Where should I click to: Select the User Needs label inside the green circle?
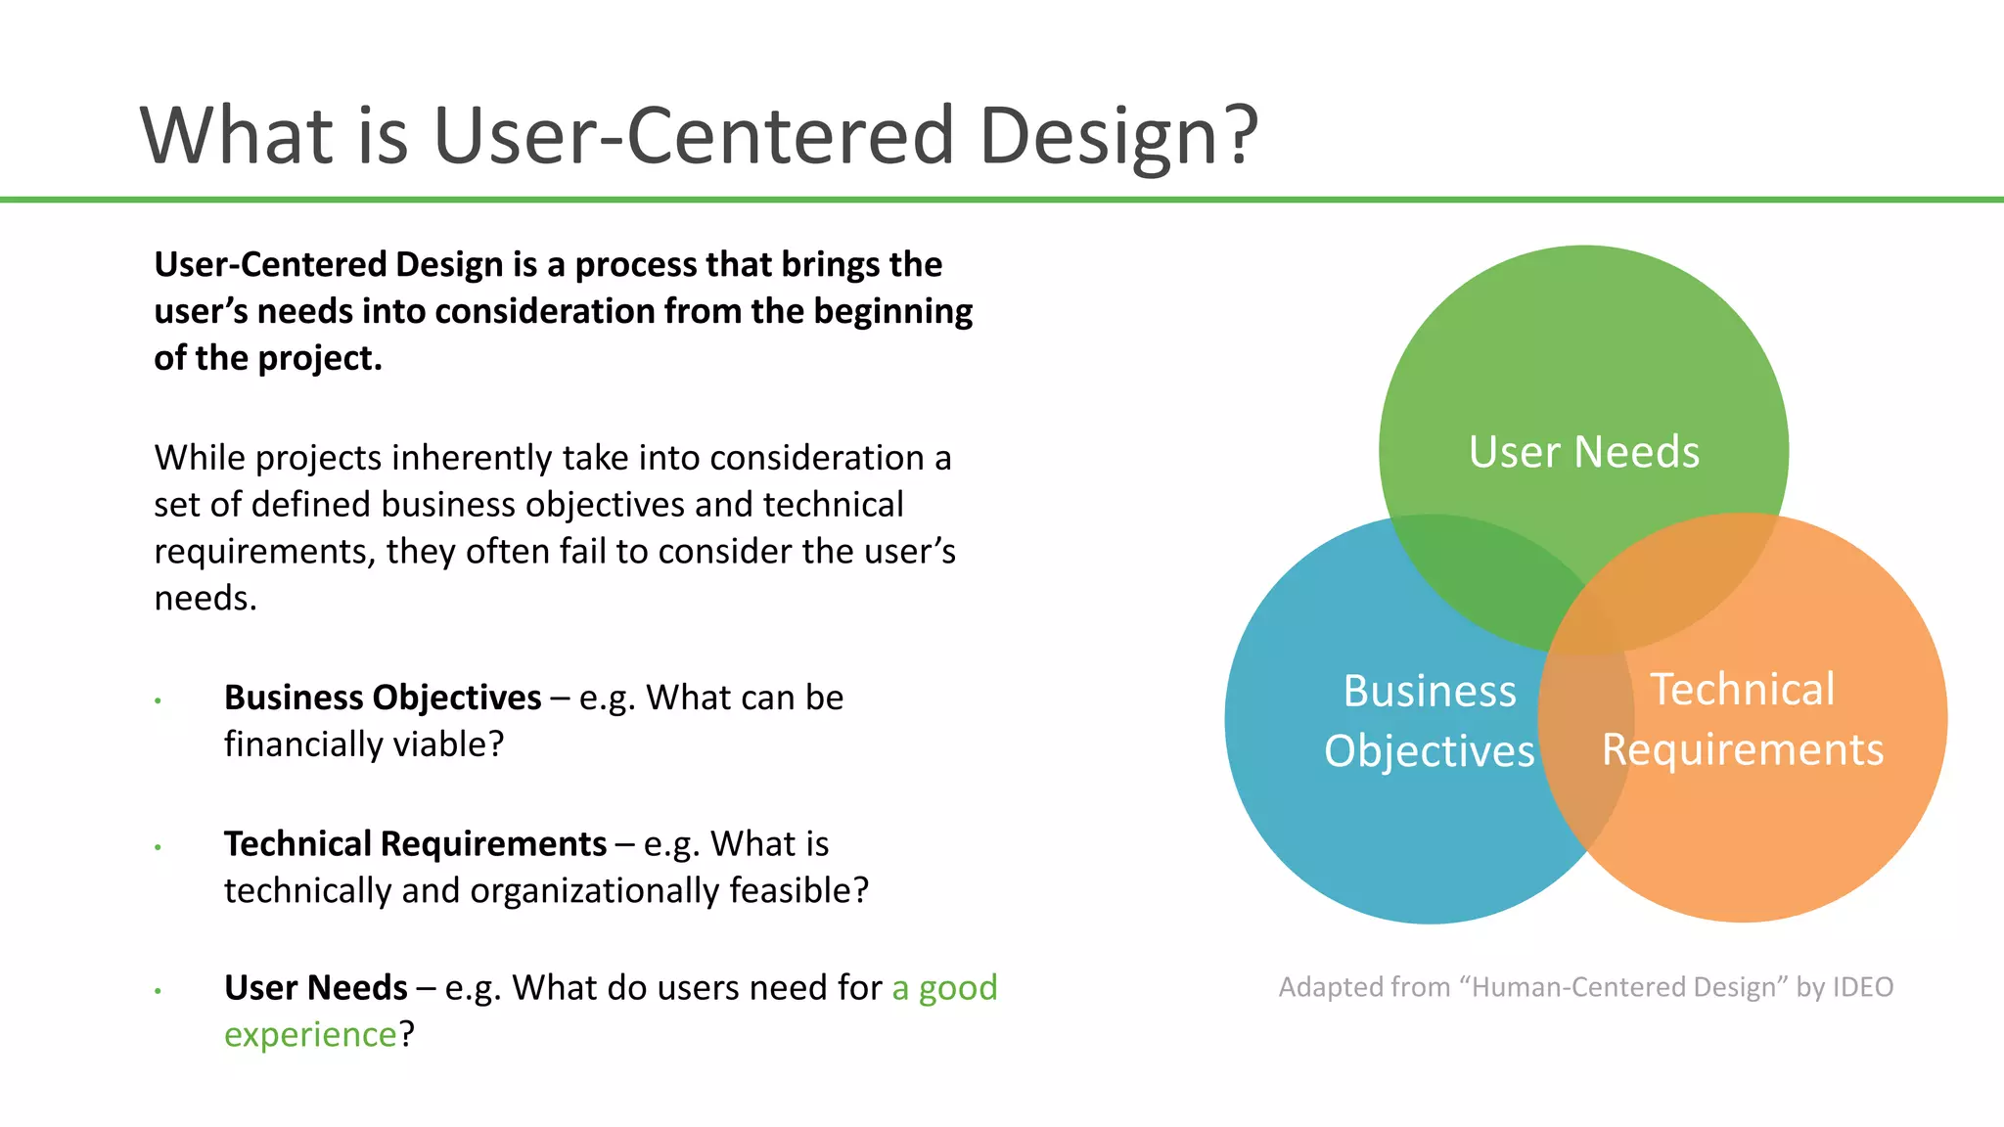pos(1583,452)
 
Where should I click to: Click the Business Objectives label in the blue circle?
pos(1429,721)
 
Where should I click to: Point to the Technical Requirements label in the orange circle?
pos(1742,719)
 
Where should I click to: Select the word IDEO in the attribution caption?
pos(1862,987)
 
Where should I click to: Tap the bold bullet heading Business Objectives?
pos(383,698)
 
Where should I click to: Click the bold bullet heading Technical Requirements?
pos(415,843)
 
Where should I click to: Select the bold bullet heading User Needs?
pos(315,988)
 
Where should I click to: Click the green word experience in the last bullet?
pos(310,1035)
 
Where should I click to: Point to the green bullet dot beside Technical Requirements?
pos(158,847)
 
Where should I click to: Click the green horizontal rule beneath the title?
pos(1002,200)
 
